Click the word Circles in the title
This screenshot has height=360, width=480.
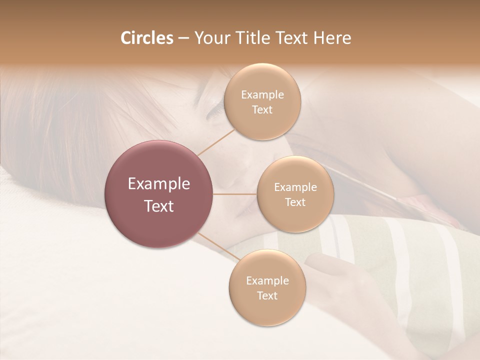click(147, 38)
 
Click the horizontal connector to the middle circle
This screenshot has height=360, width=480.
click(235, 194)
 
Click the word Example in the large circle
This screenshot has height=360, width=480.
click(159, 184)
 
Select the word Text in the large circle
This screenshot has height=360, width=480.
click(159, 206)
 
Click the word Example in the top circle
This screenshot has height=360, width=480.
click(262, 94)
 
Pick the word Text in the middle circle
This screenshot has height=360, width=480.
click(295, 202)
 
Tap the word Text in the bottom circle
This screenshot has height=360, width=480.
click(267, 295)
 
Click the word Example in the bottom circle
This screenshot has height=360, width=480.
click(267, 280)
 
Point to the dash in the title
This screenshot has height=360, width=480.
click(183, 38)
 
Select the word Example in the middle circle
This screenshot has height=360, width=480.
click(295, 187)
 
